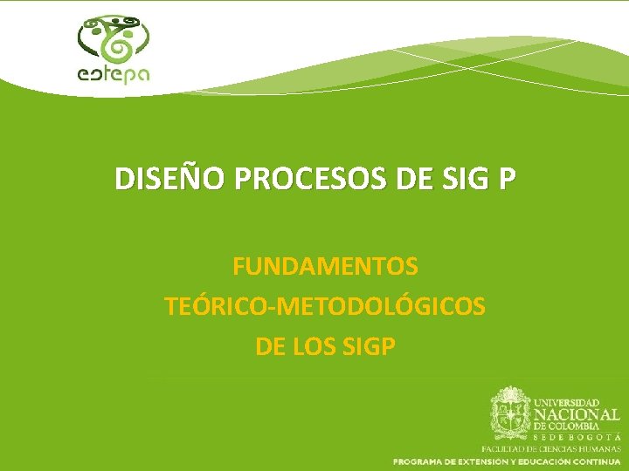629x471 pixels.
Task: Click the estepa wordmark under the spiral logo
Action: [x=114, y=74]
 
